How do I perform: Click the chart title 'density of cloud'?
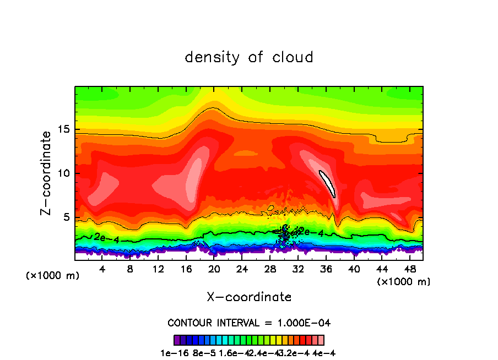click(x=249, y=57)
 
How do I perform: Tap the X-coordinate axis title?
click(x=249, y=297)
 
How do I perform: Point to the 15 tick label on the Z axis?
click(x=64, y=129)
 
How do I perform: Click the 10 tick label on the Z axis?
click(x=64, y=173)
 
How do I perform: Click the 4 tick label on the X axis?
click(x=102, y=269)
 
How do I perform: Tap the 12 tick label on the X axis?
click(x=158, y=269)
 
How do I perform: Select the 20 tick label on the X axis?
click(x=214, y=269)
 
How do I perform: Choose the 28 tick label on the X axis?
click(x=270, y=269)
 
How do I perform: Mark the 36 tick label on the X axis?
click(x=326, y=269)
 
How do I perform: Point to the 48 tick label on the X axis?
click(x=409, y=269)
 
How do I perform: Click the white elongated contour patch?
click(x=327, y=183)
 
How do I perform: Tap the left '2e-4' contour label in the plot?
click(x=106, y=237)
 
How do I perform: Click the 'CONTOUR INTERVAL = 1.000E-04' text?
click(x=249, y=323)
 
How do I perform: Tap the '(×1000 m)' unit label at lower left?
click(x=53, y=276)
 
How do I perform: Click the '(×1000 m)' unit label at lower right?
click(x=403, y=282)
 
